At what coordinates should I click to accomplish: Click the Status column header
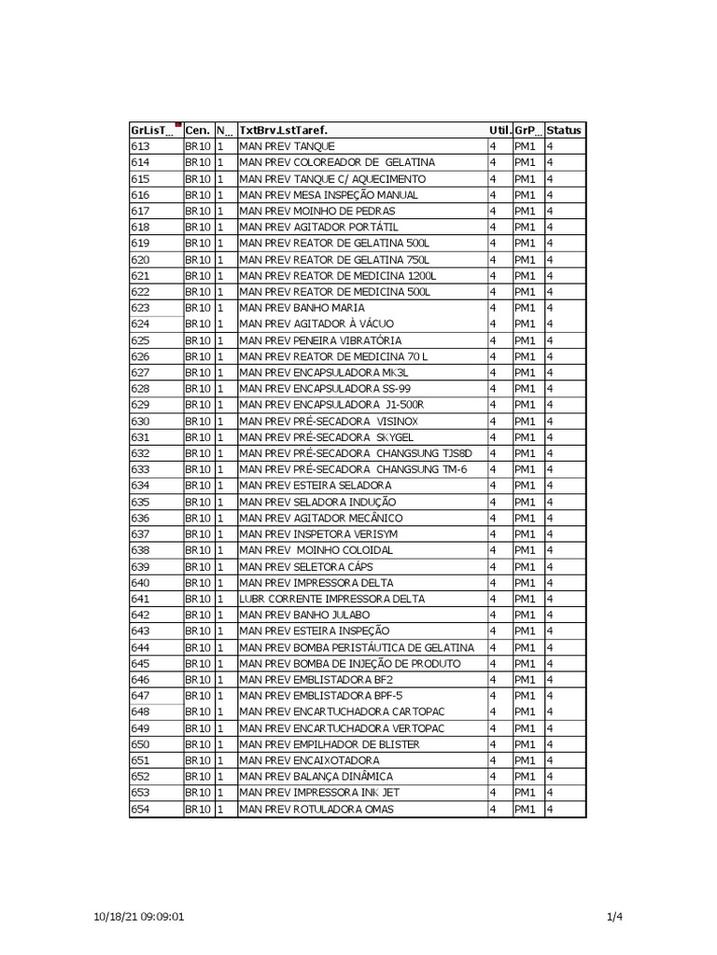click(x=564, y=131)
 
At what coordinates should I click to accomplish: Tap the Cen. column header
click(x=197, y=131)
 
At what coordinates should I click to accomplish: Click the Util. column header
click(x=499, y=131)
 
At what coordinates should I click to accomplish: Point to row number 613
click(x=140, y=146)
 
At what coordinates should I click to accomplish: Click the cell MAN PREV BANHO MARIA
click(x=302, y=308)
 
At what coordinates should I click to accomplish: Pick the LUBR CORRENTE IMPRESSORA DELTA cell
click(x=331, y=599)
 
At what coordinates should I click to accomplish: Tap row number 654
click(x=140, y=810)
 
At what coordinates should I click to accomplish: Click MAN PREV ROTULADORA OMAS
click(x=316, y=810)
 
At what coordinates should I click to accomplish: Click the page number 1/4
click(x=614, y=917)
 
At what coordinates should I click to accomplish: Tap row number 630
click(x=140, y=422)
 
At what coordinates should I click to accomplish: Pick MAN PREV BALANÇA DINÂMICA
click(x=316, y=777)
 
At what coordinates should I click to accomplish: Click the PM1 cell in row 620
click(x=525, y=259)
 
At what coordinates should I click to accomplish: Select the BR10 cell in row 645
click(x=197, y=663)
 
